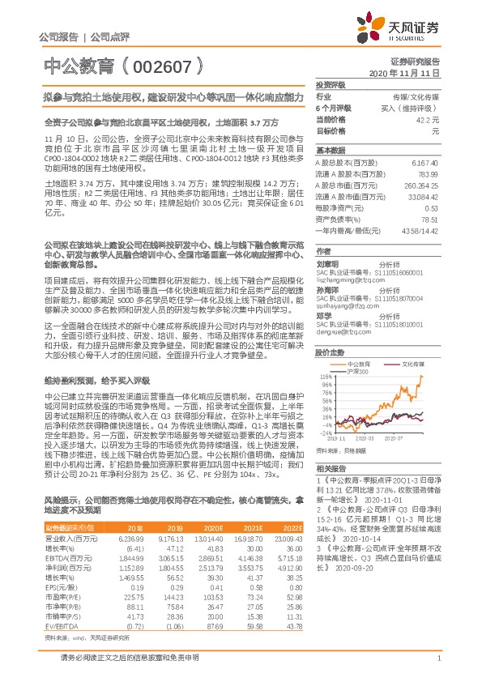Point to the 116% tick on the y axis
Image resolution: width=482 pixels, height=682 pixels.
[326, 377]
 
